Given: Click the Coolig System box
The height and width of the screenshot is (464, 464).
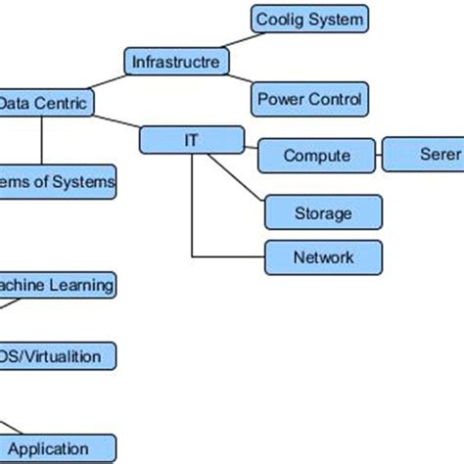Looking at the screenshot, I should tap(309, 19).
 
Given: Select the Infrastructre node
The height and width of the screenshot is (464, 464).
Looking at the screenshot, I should tap(177, 63).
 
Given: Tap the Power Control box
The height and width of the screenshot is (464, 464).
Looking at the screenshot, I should tap(309, 99).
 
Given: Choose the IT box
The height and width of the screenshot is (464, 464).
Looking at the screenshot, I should tap(191, 140).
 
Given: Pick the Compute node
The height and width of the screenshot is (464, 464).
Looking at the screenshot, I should tap(316, 156).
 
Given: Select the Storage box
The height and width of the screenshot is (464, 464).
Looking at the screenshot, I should tap(323, 211).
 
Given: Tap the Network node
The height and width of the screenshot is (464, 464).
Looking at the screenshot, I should tap(323, 257).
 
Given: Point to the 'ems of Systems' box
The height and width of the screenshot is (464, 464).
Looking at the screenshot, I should tap(58, 182).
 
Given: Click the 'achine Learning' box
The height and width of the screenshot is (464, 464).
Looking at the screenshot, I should tap(57, 286).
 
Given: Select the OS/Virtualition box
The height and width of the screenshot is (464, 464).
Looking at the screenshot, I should tap(57, 356).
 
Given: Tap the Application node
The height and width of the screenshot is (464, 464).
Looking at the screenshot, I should tap(57, 448).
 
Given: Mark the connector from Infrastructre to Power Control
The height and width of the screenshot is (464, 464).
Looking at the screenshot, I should tap(241, 80).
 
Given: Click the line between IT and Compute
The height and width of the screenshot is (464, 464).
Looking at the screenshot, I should tap(250, 146).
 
